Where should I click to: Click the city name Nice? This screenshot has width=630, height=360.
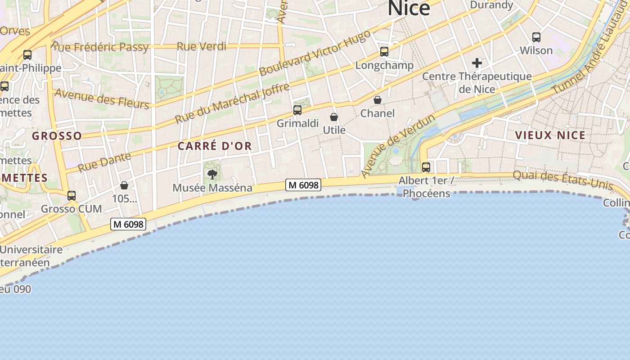coord(409,8)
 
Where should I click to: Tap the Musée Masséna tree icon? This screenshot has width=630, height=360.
coord(212,174)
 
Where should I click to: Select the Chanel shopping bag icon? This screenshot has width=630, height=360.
coord(378,100)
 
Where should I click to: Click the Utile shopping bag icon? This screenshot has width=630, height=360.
coord(334,117)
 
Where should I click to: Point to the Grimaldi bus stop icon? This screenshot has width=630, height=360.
coord(297,110)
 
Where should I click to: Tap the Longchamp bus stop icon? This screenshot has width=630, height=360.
coord(384,52)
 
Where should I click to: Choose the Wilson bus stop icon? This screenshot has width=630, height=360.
coord(536,37)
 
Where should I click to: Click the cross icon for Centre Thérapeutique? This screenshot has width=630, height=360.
coord(477,63)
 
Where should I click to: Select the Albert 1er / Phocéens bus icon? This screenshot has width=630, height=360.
coord(426,167)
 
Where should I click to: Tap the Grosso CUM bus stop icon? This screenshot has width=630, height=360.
coord(72,196)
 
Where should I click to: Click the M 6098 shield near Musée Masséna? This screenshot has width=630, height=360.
coord(303,185)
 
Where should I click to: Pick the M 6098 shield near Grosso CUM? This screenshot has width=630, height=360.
coord(128,224)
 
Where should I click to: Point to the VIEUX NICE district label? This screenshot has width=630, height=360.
coord(550,135)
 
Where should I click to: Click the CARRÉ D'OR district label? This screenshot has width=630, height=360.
coord(215,146)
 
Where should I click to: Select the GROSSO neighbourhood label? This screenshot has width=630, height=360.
coord(57,136)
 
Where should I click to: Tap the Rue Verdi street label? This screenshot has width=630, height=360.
coord(201,46)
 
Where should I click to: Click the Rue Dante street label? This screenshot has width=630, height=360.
coord(104,162)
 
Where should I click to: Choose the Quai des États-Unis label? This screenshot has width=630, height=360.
coord(563,180)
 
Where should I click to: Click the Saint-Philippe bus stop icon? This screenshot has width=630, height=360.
coord(27,55)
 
